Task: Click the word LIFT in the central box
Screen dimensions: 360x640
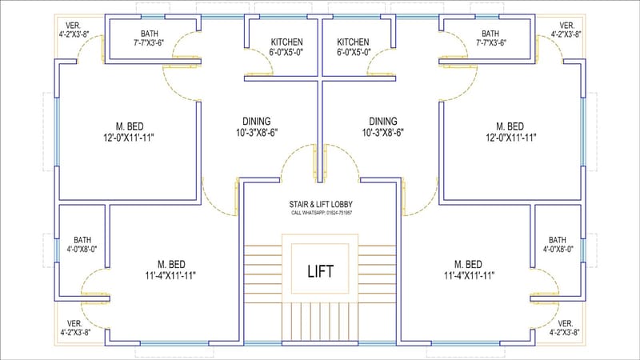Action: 320,270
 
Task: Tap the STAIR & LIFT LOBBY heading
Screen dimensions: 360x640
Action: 322,204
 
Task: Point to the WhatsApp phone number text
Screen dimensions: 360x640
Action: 322,213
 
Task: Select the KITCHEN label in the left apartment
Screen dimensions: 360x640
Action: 286,42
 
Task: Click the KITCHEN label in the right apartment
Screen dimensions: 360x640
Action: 353,42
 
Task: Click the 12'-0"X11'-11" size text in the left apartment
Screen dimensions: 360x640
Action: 129,138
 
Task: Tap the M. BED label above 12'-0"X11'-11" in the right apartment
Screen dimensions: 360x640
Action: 510,126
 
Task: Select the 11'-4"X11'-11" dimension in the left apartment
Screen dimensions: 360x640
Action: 170,275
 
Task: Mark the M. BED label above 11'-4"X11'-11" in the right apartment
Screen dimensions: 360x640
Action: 469,264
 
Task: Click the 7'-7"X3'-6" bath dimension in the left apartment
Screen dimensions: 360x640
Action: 149,42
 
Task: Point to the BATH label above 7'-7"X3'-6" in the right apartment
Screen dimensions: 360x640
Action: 490,33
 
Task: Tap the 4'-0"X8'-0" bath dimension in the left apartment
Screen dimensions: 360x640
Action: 82,249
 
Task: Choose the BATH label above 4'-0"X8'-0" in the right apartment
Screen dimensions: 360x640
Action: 558,239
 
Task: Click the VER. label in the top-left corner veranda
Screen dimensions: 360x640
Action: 72,25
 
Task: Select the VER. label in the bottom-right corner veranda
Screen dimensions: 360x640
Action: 566,322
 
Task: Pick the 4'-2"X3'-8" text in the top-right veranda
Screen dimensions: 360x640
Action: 566,34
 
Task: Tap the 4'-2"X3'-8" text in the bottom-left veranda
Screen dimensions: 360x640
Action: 73,332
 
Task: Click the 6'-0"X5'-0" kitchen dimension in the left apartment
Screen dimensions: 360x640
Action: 286,52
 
